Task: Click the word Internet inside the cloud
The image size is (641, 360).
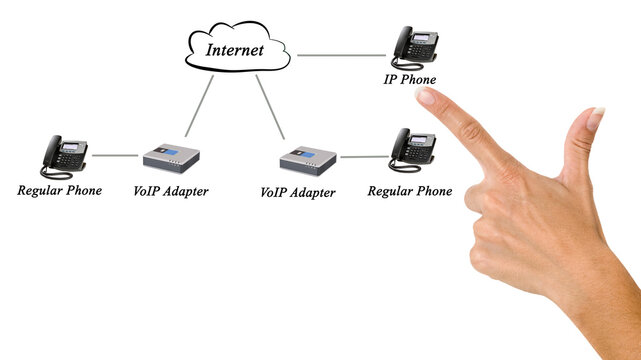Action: click(236, 48)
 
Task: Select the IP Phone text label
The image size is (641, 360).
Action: click(410, 80)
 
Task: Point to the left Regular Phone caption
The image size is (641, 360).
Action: click(59, 190)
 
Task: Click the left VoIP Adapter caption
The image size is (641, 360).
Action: click(170, 191)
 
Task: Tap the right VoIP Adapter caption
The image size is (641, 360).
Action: click(298, 192)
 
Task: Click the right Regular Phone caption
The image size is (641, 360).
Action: click(410, 191)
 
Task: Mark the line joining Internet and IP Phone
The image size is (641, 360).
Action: click(340, 55)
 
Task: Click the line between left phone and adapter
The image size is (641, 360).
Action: click(115, 156)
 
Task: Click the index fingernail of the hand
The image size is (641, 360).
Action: click(427, 96)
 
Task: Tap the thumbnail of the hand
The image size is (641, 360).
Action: click(595, 119)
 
